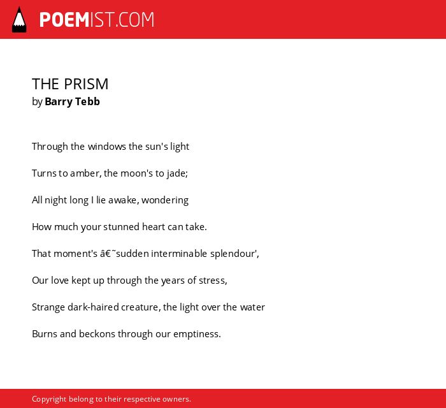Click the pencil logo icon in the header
[19, 20]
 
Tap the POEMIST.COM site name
[97, 20]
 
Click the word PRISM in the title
[86, 84]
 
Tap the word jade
[176, 173]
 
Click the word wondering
[165, 200]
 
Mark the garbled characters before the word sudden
[108, 253]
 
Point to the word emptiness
[196, 334]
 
